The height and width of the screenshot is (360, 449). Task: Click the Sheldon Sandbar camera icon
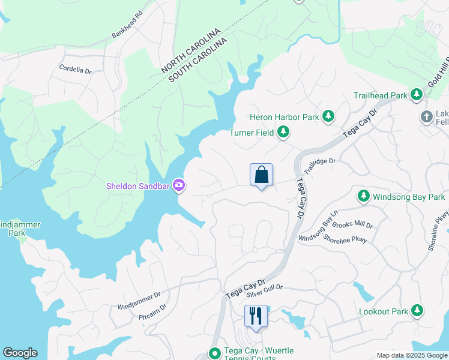click(178, 185)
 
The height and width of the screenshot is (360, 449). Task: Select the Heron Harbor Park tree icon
click(328, 117)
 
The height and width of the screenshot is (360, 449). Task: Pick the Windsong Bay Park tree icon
click(363, 196)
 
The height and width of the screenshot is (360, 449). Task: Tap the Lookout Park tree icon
click(417, 311)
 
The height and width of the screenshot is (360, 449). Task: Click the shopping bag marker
click(261, 175)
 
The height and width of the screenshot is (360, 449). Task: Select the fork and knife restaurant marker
click(256, 316)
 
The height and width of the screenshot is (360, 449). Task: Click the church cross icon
click(427, 117)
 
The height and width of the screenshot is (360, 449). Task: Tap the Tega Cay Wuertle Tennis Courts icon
click(214, 353)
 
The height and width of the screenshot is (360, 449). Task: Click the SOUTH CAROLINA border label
click(199, 59)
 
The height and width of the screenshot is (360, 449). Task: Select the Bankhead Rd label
click(128, 24)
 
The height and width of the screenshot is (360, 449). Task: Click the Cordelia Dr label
click(76, 70)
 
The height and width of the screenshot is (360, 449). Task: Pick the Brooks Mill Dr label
click(352, 226)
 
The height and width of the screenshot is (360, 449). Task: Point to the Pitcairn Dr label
click(152, 310)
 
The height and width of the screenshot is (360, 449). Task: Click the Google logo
click(20, 353)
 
